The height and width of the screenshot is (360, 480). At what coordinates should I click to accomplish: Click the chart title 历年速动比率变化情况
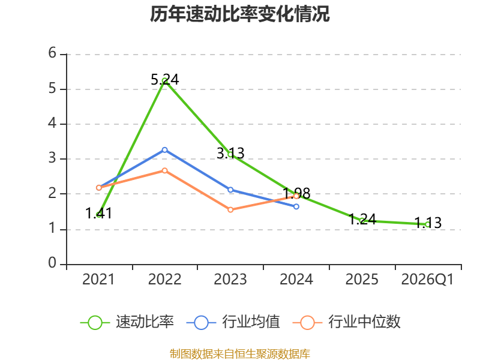tap(239, 14)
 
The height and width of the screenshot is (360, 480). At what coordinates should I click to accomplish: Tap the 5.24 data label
tap(164, 80)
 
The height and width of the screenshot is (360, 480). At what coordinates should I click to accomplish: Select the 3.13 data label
tap(230, 153)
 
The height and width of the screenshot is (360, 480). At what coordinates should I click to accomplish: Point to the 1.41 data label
tap(98, 213)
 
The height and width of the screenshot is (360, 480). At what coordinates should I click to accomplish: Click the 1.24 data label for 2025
tap(362, 219)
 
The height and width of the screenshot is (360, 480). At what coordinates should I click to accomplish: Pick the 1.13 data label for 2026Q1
tap(428, 223)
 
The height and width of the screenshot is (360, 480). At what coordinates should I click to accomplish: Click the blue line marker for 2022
tap(164, 150)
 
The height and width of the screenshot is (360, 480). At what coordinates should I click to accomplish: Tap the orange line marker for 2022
tap(164, 170)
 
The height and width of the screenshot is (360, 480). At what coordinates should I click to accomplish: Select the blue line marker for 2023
tap(230, 190)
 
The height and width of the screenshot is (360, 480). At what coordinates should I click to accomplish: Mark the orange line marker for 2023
tap(230, 209)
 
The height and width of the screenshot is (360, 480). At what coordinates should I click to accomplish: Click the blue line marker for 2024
tap(296, 206)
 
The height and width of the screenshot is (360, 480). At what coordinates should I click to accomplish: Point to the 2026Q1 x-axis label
tap(427, 280)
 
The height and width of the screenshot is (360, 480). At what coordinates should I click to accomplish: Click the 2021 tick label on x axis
tap(98, 280)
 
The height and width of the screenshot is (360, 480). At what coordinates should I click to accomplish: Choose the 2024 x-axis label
tap(296, 280)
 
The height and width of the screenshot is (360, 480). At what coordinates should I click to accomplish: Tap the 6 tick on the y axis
tap(52, 53)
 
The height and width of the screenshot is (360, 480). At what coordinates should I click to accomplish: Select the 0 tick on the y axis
tap(52, 263)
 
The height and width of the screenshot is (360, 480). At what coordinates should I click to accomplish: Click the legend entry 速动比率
tap(127, 322)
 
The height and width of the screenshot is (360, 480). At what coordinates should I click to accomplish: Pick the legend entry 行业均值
tap(233, 322)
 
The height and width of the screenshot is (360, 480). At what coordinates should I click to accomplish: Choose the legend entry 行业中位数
tap(347, 322)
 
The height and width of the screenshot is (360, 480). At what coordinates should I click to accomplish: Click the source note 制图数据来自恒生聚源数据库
tap(240, 354)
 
